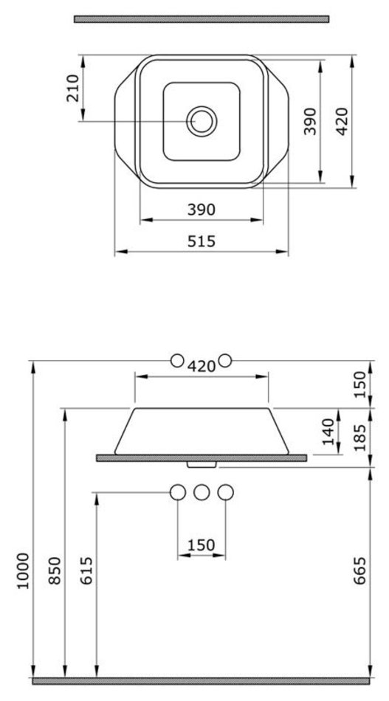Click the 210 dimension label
pyautogui.click(x=73, y=88)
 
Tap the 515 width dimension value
pyautogui.click(x=202, y=241)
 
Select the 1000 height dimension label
pyautogui.click(x=23, y=571)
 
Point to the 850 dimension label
pyautogui.click(x=55, y=570)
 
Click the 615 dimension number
pyautogui.click(x=86, y=570)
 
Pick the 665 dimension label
pyautogui.click(x=359, y=570)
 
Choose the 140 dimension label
pyautogui.click(x=328, y=432)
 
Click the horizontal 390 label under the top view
pyautogui.click(x=202, y=210)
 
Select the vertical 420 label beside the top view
pyautogui.click(x=342, y=121)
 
